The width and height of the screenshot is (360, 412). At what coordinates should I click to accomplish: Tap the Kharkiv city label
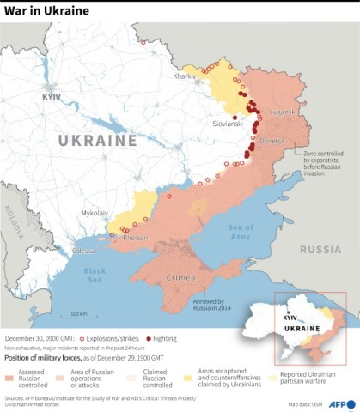[x=186, y=76]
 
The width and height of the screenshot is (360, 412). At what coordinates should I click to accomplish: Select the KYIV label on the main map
[x=52, y=98]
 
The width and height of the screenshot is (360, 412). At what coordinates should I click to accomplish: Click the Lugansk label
[x=281, y=112]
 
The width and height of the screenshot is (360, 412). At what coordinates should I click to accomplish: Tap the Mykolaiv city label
[x=95, y=211]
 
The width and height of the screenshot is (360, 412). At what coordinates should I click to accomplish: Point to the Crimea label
[x=184, y=279]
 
